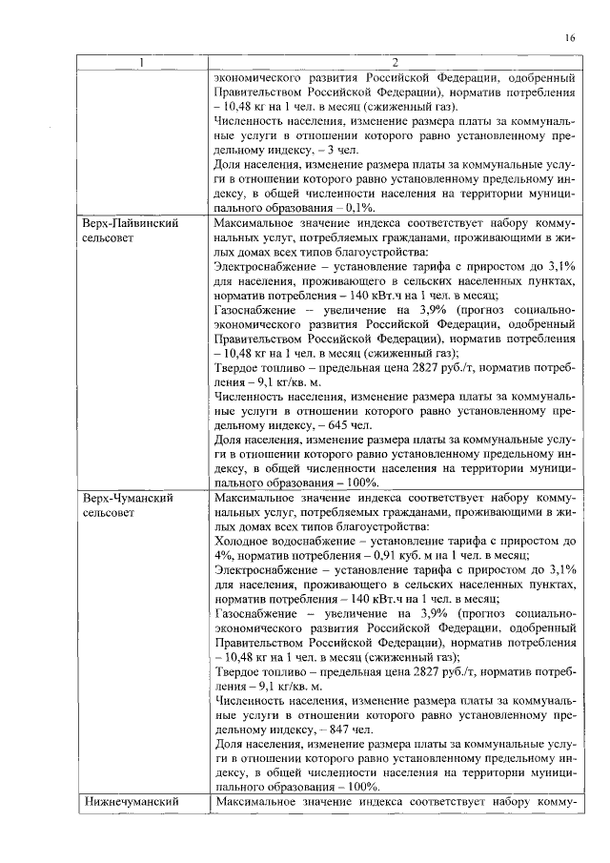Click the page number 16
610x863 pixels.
(x=568, y=38)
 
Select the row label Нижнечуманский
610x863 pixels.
(x=132, y=802)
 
